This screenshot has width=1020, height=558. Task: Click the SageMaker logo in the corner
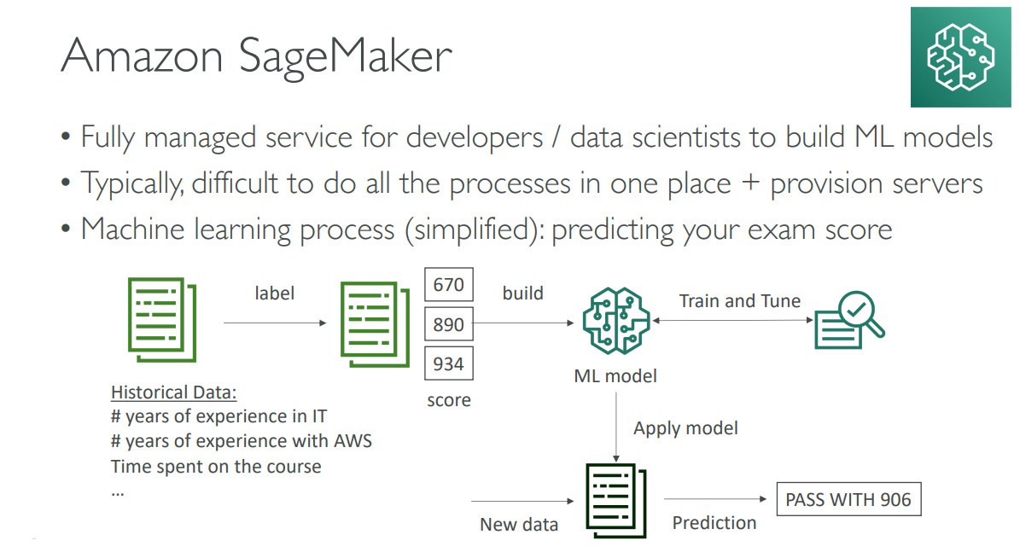[x=961, y=57]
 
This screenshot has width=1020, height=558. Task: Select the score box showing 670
[x=448, y=284]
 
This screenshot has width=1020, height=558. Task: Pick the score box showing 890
[x=448, y=324]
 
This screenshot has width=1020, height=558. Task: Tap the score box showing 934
[x=448, y=363]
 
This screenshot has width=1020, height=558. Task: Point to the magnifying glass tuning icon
[x=848, y=320]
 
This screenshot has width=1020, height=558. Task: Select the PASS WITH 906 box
[x=848, y=499]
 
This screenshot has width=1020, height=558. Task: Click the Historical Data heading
[x=174, y=392]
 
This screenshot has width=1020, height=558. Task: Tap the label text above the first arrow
[x=274, y=294]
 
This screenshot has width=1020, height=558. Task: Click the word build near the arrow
[x=522, y=294]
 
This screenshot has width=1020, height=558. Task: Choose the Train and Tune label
[x=739, y=301]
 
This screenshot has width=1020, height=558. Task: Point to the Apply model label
[x=685, y=428]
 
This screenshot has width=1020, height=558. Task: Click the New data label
[x=519, y=525]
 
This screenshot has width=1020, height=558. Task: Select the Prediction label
[x=714, y=523]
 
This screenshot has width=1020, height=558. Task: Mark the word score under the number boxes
[x=449, y=399]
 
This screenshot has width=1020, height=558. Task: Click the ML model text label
[x=616, y=375]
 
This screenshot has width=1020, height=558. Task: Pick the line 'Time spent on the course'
[x=216, y=467]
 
